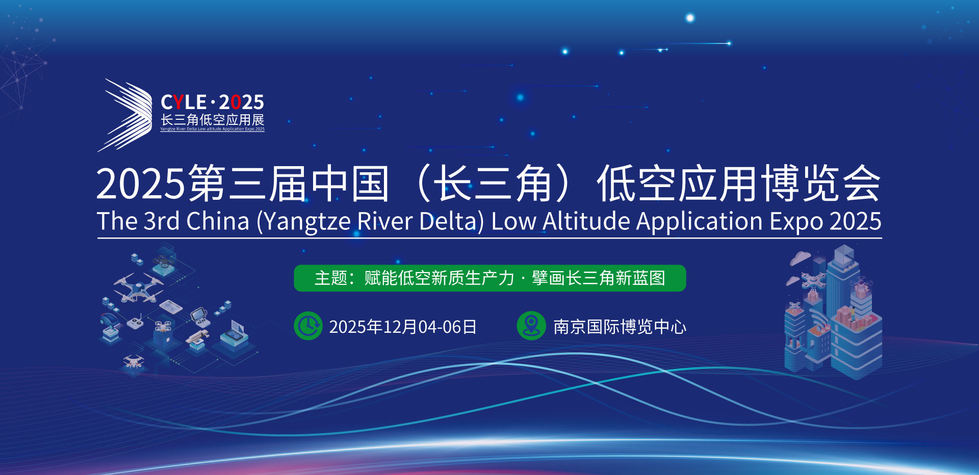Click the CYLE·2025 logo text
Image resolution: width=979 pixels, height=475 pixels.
(212, 102)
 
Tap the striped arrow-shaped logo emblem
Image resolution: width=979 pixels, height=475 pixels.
(125, 115)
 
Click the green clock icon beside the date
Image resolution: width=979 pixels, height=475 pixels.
(308, 326)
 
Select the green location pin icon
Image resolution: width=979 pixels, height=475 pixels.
(531, 326)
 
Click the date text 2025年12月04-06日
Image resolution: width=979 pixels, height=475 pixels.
(403, 327)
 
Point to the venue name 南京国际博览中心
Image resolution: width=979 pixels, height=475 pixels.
(620, 327)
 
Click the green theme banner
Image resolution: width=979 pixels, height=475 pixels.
(490, 278)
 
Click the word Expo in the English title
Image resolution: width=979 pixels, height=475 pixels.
(797, 222)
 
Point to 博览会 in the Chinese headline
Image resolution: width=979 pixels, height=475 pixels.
(821, 183)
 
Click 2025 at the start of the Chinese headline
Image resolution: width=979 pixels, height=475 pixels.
(141, 184)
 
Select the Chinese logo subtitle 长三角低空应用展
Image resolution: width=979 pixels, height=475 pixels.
(213, 120)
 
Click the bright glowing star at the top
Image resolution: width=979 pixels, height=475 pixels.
(690, 18)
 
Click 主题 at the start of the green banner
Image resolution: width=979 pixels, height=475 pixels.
(331, 278)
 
